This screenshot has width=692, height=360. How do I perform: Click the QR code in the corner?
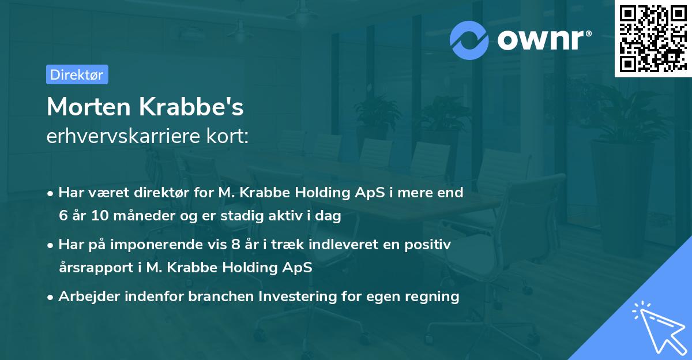653,39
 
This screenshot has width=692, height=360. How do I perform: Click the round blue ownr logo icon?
469,40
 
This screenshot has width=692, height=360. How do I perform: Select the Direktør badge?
77,74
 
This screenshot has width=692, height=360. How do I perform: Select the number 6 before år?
63,216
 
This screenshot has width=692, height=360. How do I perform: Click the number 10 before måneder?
95,216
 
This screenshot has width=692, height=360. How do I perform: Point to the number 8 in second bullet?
235,245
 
